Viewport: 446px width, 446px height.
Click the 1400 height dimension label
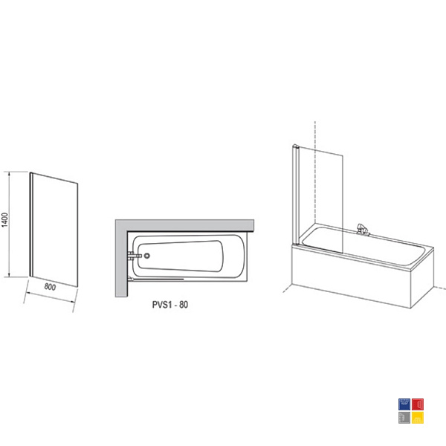coord(5,220)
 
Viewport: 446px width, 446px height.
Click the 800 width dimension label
coord(50,287)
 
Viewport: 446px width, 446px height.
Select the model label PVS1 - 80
coord(170,305)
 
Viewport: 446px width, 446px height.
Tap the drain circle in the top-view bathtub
coord(146,256)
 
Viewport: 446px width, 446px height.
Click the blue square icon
coord(404,404)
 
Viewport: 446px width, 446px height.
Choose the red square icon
coord(418,404)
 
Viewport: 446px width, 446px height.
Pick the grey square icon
coord(404,418)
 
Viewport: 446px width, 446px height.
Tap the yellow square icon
coord(418,418)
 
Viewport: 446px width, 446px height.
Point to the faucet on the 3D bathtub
coord(363,230)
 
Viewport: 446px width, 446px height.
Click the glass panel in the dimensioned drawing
coord(55,230)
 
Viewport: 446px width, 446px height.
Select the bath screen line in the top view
coord(158,279)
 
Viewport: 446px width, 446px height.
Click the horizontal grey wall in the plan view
coord(184,225)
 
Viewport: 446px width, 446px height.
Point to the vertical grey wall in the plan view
coord(121,258)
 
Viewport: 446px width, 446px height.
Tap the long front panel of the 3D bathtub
coord(352,277)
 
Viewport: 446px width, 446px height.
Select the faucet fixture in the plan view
coord(135,256)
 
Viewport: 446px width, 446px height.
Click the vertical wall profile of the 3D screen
coord(296,195)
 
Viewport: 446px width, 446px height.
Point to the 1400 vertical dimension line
coord(9,224)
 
